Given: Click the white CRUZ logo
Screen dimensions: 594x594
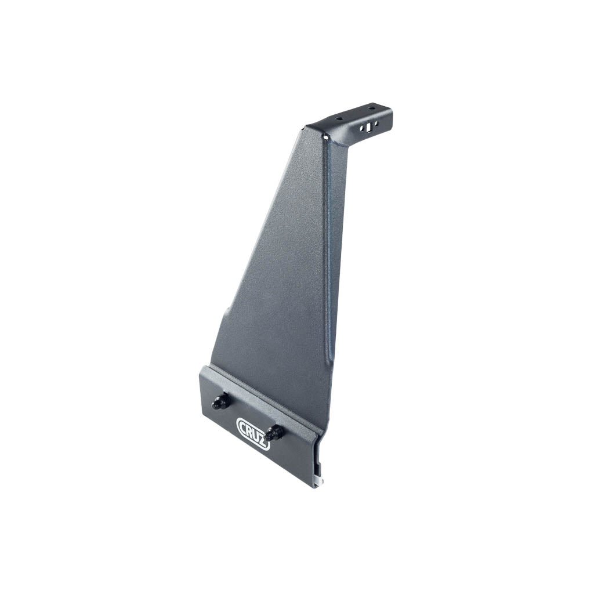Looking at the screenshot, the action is point(253,433).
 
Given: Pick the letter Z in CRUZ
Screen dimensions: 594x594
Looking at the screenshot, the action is point(264,441).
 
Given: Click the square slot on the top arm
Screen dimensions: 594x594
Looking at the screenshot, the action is point(367,129).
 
